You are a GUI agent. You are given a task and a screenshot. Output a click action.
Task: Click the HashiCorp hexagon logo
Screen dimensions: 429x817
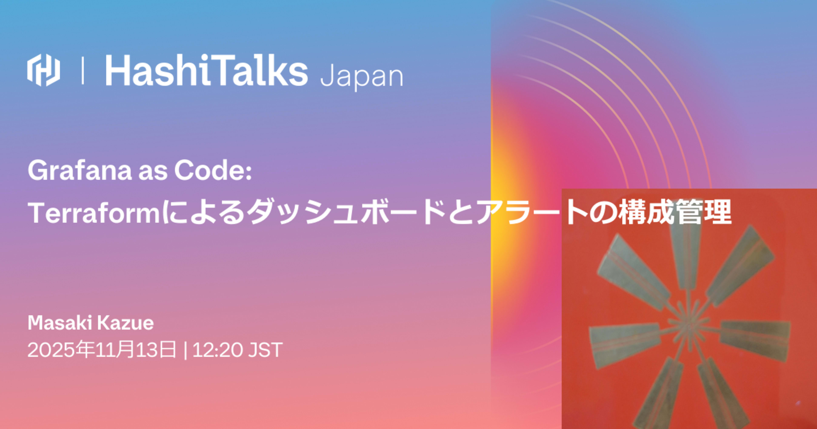coord(43,70)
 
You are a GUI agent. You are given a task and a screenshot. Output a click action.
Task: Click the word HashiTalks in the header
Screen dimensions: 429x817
coord(206,70)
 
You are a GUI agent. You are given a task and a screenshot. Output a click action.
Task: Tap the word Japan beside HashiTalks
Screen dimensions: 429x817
coord(361,76)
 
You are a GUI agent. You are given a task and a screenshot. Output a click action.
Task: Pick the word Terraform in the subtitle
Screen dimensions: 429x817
coord(95,213)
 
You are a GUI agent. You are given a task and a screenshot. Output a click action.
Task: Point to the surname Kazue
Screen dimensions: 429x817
coord(125,323)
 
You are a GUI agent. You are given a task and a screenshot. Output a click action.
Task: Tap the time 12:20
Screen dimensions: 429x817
coord(217,350)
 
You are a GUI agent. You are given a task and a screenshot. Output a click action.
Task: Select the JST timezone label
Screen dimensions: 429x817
coord(265,350)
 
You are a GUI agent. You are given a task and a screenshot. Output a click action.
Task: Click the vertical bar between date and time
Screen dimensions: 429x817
coord(185,350)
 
